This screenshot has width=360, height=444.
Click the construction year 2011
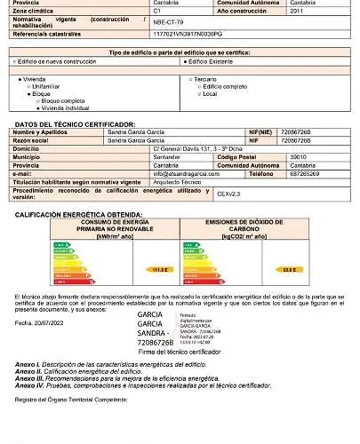(x=297, y=12)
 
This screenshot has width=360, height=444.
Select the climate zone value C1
(x=156, y=12)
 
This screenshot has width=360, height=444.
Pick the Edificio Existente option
(x=212, y=62)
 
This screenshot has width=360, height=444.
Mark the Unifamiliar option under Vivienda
(x=50, y=85)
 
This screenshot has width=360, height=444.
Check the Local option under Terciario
(x=210, y=92)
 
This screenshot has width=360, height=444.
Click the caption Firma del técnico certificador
(x=184, y=353)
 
